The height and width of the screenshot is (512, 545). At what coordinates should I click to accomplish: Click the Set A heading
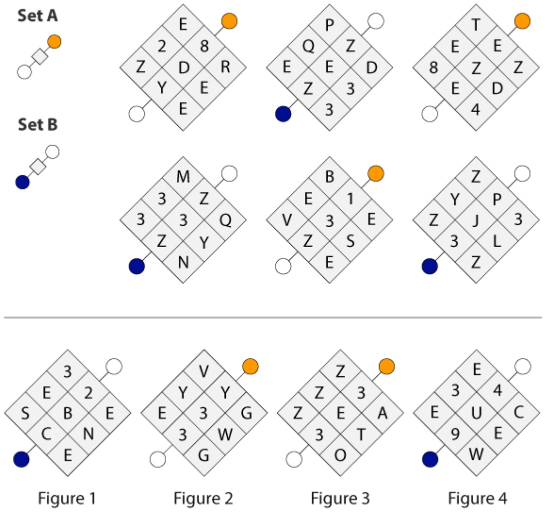tap(38, 16)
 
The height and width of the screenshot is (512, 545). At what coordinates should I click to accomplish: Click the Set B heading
tap(38, 125)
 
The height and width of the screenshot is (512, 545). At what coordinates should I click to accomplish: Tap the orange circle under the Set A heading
tap(54, 41)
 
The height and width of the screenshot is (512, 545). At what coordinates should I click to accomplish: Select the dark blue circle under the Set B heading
tap(23, 182)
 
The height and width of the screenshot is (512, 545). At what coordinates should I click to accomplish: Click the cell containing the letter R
tap(225, 67)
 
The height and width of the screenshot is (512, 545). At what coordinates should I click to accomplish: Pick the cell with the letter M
tap(183, 177)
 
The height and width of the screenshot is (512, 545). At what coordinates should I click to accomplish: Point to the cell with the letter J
tap(476, 220)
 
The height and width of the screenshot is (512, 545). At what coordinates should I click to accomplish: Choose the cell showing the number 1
tap(350, 198)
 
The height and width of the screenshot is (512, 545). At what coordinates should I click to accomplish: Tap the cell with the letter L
tap(497, 241)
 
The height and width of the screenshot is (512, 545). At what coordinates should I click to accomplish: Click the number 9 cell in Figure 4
tap(455, 434)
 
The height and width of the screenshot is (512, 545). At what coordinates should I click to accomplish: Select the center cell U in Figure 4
tap(476, 413)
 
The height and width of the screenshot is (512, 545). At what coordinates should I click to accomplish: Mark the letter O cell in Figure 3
tap(340, 455)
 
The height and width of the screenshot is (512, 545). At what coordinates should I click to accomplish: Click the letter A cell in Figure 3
tap(383, 413)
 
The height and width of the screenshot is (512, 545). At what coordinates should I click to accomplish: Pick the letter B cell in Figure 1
tap(67, 413)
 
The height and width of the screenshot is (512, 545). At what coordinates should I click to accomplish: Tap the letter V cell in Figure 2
tap(204, 371)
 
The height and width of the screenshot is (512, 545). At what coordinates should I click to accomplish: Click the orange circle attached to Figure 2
tap(250, 366)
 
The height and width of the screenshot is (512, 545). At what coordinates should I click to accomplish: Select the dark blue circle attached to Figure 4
tap(430, 460)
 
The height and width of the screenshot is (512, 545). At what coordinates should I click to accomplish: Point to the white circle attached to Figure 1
tap(114, 366)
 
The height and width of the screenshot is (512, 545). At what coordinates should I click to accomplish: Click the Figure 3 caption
tap(340, 498)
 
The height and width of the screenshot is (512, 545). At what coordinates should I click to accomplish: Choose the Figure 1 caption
tap(67, 498)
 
